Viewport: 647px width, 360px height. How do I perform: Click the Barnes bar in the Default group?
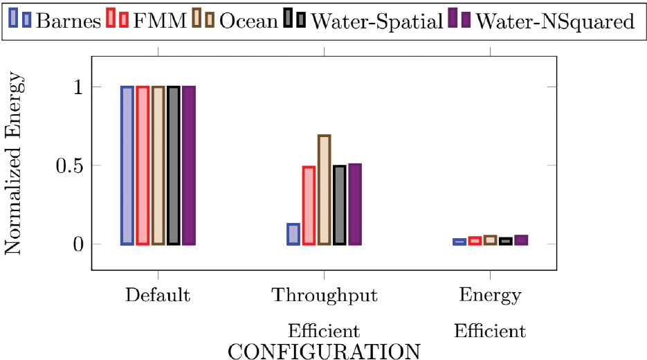[x=127, y=165]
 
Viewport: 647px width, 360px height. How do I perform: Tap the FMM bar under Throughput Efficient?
[x=309, y=206]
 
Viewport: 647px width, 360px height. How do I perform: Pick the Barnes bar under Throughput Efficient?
[x=293, y=234]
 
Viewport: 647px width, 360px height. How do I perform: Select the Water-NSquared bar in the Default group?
[x=189, y=165]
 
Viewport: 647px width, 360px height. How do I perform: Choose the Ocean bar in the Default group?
[x=158, y=165]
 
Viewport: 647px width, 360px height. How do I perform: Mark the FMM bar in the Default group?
[x=143, y=165]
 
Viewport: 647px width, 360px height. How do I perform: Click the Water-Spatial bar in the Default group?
[x=173, y=165]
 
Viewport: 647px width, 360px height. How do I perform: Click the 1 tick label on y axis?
[x=78, y=87]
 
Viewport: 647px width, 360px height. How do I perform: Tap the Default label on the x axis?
[x=158, y=296]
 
